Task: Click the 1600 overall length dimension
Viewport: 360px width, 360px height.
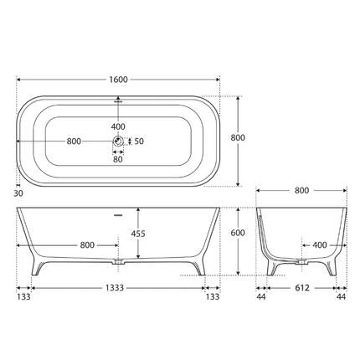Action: tap(118, 80)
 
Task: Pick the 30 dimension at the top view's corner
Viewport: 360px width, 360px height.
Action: tap(18, 192)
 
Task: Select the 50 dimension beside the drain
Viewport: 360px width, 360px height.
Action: tap(140, 141)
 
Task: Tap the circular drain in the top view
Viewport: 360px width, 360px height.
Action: tap(119, 141)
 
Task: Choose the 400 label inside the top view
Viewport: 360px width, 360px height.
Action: tap(119, 126)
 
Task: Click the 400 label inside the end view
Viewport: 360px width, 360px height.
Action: tap(319, 245)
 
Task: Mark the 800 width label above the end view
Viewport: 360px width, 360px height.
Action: tap(302, 192)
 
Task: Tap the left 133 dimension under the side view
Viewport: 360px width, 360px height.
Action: tap(24, 296)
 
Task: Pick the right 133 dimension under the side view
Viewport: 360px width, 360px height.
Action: tap(213, 296)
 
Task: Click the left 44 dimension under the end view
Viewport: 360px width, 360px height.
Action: tap(261, 296)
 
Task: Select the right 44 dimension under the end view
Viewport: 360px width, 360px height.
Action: tap(342, 296)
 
